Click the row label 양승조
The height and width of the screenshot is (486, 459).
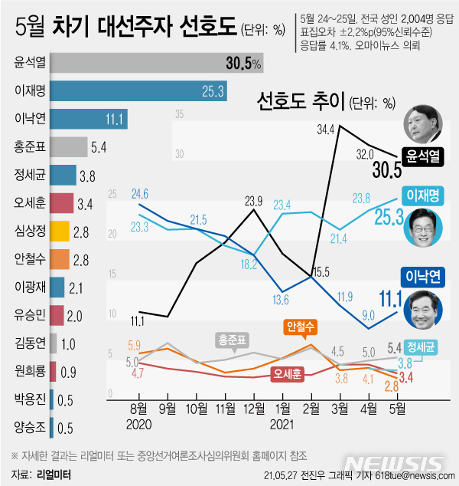pos(29,425)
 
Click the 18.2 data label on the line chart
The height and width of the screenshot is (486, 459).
pos(249,264)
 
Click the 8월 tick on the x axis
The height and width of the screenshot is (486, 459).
pos(139,407)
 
